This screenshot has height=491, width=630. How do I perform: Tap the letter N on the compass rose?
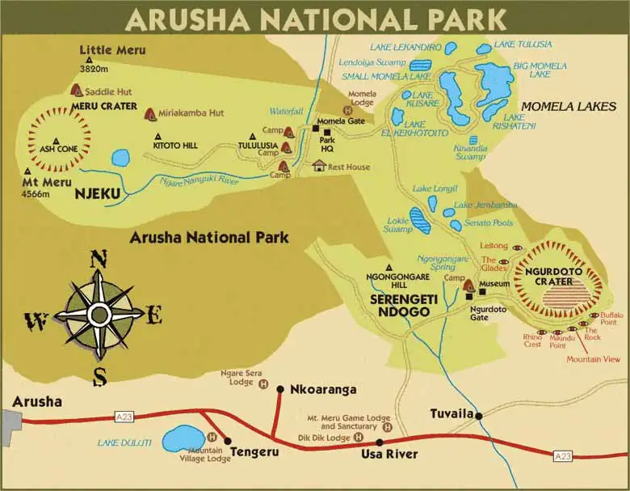click(x=99, y=260)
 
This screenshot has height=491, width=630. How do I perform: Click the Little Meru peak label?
click(x=112, y=50)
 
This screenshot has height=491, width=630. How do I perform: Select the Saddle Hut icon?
click(x=77, y=90)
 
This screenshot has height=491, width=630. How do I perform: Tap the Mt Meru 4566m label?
click(x=48, y=176)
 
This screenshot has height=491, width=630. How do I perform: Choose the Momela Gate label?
click(x=341, y=121)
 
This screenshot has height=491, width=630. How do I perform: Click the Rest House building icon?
click(x=319, y=166)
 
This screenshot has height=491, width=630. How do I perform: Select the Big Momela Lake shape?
click(x=494, y=81)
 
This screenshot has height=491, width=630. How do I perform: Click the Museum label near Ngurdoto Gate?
click(x=494, y=284)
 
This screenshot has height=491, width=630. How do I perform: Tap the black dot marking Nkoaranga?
click(x=280, y=389)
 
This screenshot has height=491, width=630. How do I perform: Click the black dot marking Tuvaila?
click(x=479, y=416)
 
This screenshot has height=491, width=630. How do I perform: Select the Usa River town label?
click(x=389, y=454)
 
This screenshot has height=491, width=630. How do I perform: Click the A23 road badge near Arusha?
click(x=124, y=417)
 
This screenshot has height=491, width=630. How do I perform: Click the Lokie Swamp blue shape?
click(x=420, y=220)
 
